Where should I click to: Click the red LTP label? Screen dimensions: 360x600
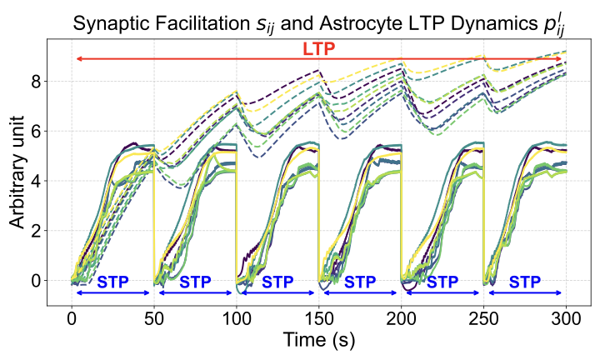pyautogui.click(x=319, y=49)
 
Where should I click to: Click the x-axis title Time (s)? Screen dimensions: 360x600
pyautogui.click(x=319, y=341)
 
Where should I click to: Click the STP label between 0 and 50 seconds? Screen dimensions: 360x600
pyautogui.click(x=113, y=282)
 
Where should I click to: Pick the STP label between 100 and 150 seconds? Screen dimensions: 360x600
pyautogui.click(x=277, y=282)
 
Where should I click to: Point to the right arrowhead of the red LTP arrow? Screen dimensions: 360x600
pyautogui.click(x=562, y=59)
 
